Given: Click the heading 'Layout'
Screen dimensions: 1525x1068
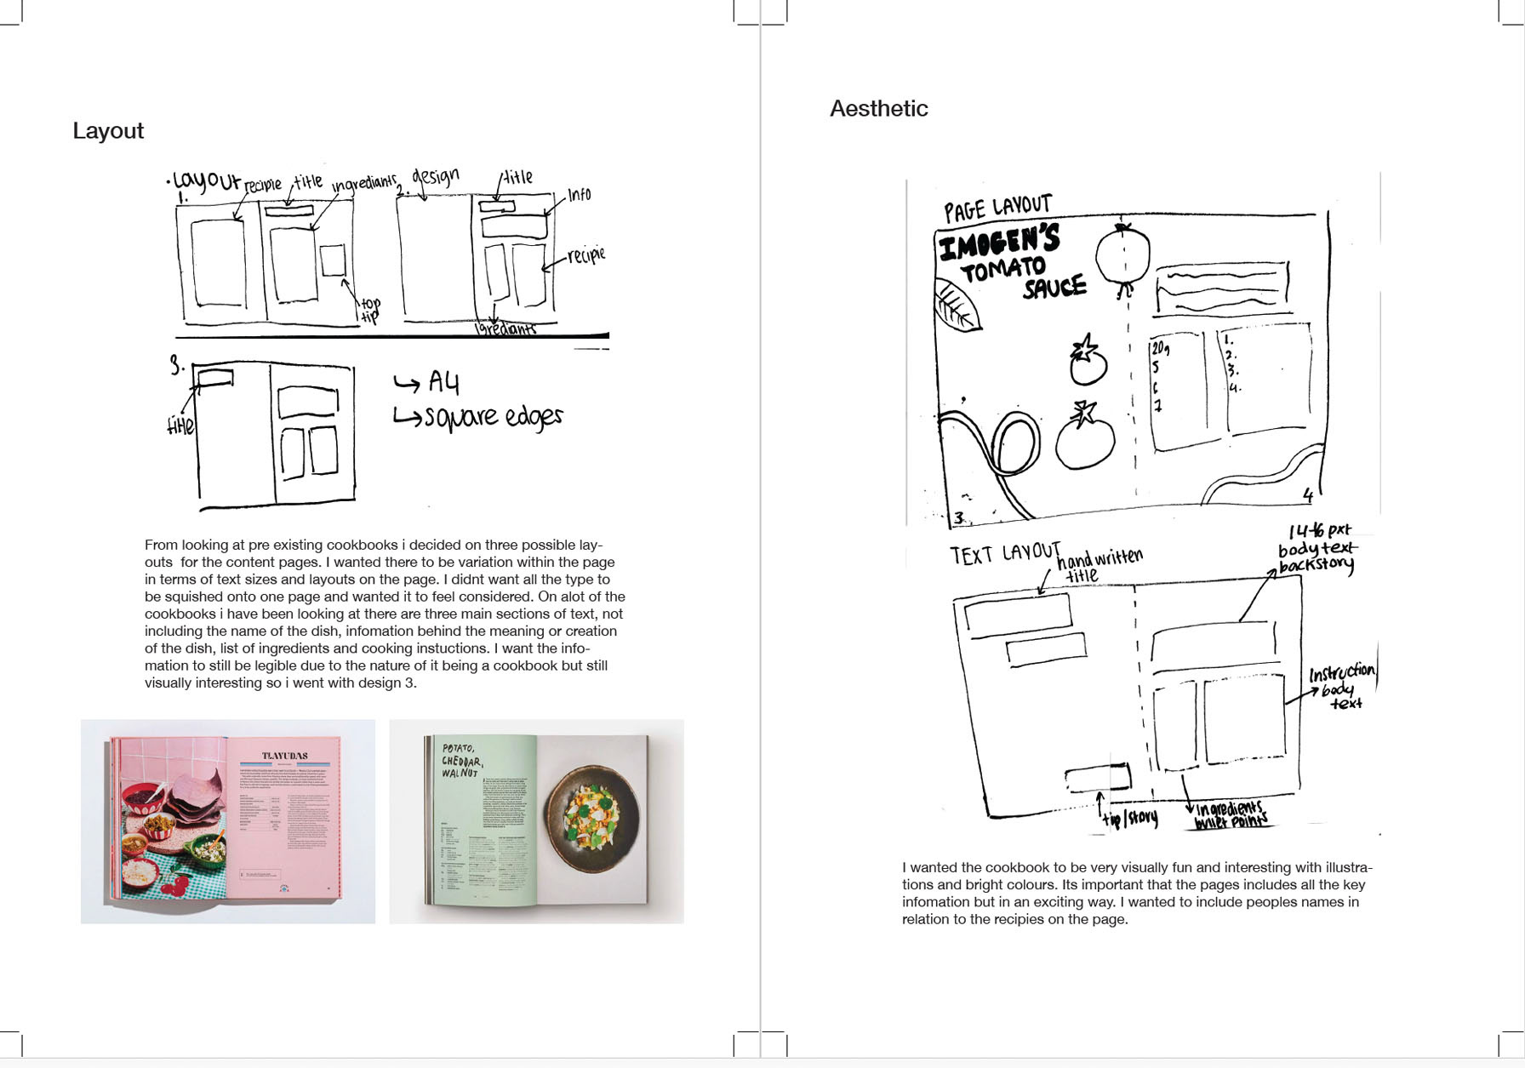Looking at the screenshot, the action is (x=108, y=131).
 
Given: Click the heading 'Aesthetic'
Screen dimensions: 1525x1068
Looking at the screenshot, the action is (x=878, y=109).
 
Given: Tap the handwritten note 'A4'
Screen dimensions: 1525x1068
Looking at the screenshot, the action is (x=443, y=383).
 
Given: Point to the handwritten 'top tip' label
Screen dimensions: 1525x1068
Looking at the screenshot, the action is (x=370, y=310).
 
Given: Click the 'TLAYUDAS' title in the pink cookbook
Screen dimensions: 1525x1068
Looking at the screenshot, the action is (x=285, y=756).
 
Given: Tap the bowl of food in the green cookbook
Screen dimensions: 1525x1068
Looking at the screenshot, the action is (x=593, y=813).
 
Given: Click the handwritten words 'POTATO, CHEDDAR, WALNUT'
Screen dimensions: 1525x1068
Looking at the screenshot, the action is (x=462, y=760).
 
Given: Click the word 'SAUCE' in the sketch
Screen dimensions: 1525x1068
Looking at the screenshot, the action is (x=1054, y=288).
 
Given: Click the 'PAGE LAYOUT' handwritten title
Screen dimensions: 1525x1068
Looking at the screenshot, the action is (x=997, y=208).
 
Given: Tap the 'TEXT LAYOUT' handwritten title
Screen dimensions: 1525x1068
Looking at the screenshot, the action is (x=1004, y=554).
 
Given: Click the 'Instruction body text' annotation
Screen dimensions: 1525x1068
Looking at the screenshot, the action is (x=1342, y=686).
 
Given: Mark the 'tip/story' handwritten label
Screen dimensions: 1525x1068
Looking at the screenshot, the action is (x=1130, y=819).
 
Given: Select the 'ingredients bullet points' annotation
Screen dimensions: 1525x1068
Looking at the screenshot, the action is (x=1231, y=814).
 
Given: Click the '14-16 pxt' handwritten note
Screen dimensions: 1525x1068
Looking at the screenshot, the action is (x=1319, y=531).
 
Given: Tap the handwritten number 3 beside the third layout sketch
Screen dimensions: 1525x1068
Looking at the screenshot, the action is (x=176, y=366).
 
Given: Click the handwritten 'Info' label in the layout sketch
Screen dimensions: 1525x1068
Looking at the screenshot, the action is (x=579, y=195).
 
